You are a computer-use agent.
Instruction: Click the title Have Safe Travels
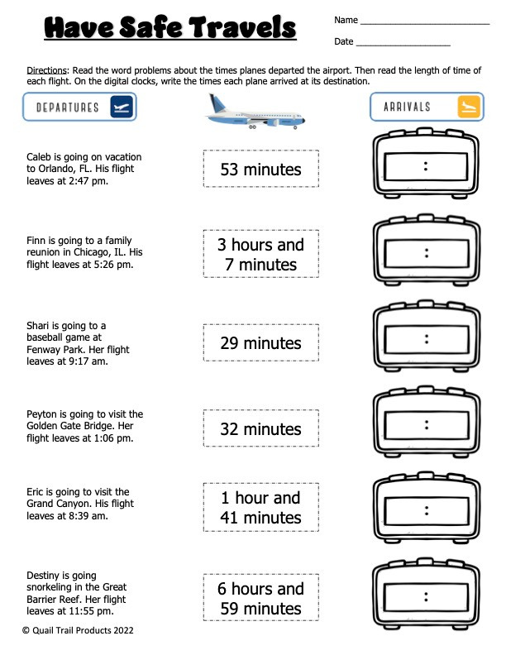[x=169, y=29]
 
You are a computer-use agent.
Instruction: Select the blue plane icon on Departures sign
[x=121, y=108]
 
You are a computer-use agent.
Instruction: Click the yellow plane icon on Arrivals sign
[x=467, y=107]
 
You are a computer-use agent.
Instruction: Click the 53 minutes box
[x=260, y=170]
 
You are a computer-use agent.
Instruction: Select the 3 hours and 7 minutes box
[x=260, y=255]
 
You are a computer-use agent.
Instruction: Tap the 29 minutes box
[x=260, y=342]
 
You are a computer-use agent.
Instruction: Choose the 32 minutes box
[x=260, y=428]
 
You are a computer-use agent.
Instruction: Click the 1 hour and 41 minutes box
[x=260, y=508]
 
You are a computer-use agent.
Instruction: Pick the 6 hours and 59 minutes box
[x=260, y=599]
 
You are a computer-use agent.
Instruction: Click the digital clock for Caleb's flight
[x=426, y=166]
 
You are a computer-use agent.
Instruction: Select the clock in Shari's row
[x=426, y=339]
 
